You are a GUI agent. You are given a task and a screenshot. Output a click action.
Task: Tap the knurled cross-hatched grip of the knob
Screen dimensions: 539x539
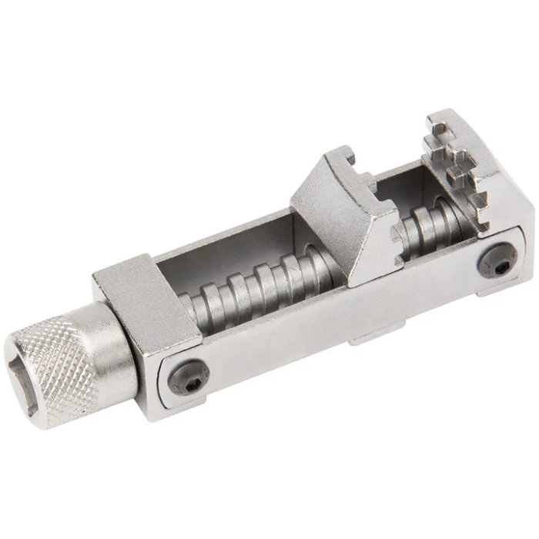point(73,362)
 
